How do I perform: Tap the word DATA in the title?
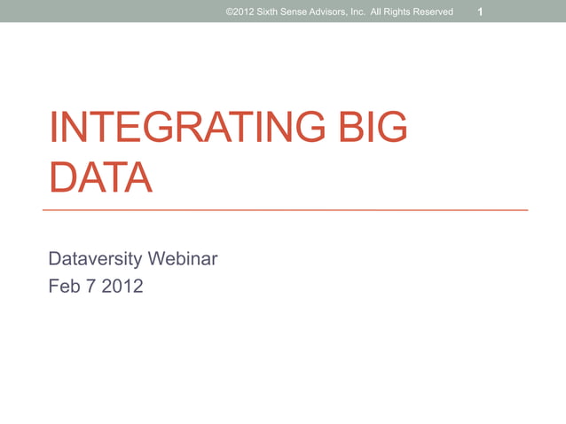coord(100,178)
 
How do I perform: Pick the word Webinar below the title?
coord(185,260)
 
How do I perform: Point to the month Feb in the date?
coord(66,287)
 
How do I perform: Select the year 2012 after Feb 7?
coord(123,287)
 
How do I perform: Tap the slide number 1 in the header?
coord(480,12)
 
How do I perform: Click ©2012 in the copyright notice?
coord(240,12)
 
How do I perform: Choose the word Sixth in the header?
coord(268,12)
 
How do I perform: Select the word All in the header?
coord(389,12)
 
